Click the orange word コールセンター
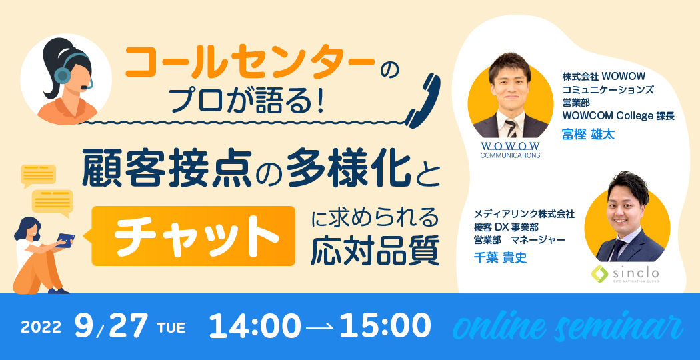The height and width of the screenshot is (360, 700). coord(251,60)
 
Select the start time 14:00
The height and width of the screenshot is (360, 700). coord(255,327)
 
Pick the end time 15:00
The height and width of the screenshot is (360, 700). coord(385,327)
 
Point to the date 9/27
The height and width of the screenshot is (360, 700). coord(112,327)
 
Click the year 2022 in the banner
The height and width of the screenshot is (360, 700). coord(41,327)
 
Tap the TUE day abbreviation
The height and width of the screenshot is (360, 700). coord(171,328)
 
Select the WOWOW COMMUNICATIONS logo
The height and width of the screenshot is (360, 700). coord(510,150)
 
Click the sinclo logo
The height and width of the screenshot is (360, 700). coord(625,273)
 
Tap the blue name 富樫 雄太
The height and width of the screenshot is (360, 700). coord(588,135)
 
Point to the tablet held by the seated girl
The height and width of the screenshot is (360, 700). coord(65,239)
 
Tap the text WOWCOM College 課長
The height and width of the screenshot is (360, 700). coord(618,116)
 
